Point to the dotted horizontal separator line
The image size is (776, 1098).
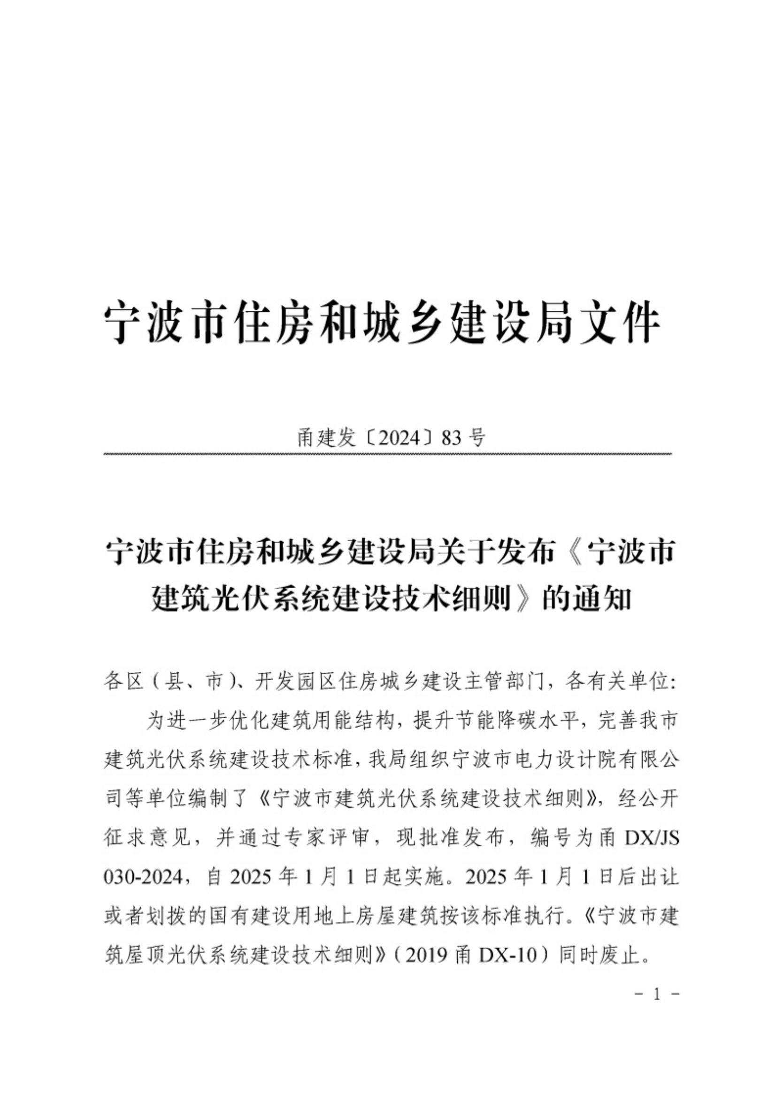(388, 453)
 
